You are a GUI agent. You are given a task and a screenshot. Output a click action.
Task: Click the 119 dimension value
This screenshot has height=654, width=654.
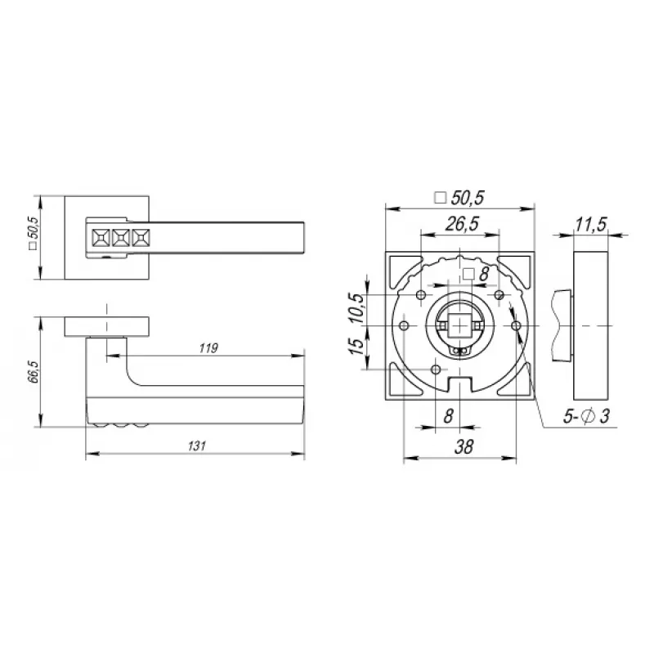[x=208, y=348]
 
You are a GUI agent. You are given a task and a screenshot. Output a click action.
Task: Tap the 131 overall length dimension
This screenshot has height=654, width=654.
[x=197, y=446]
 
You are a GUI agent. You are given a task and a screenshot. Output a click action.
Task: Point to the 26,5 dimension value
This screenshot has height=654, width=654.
[x=462, y=224]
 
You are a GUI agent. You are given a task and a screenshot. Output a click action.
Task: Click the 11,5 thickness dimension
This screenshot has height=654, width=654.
[x=590, y=225]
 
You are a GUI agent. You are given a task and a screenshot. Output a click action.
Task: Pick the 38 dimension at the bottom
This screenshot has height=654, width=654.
[x=464, y=447]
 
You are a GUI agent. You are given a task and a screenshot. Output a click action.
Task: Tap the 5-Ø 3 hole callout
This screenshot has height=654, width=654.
[x=586, y=416]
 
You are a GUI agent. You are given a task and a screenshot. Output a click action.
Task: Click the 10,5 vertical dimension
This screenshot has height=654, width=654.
[x=357, y=308]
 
